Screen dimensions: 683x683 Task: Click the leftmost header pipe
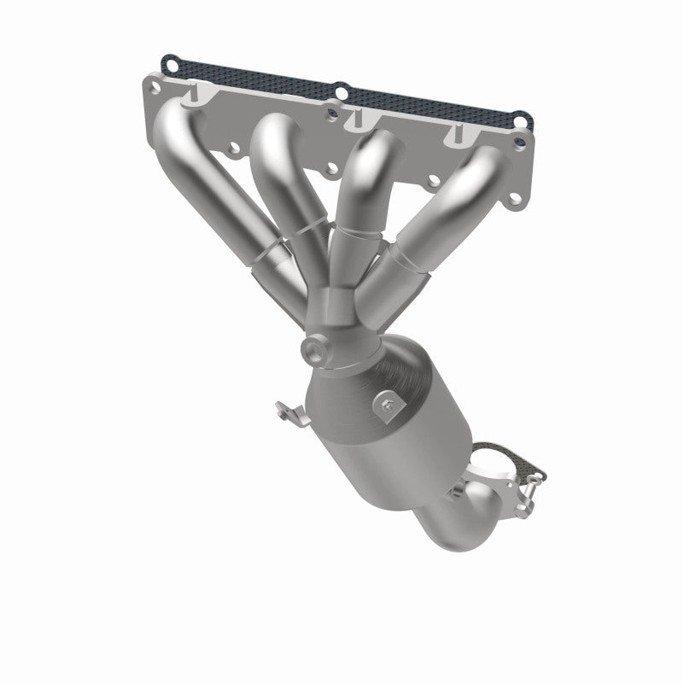click(x=205, y=179)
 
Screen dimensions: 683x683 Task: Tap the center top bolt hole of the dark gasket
click(x=341, y=90)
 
